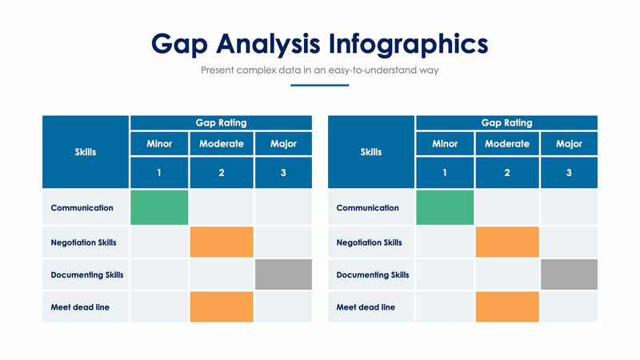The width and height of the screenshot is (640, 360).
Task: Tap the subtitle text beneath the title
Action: click(x=320, y=70)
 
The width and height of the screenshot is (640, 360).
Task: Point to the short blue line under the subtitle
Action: click(x=320, y=85)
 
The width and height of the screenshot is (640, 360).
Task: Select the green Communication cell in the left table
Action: click(x=159, y=207)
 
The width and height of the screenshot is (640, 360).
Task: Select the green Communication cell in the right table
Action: click(x=445, y=207)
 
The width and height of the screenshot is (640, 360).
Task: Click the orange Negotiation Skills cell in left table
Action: click(x=222, y=242)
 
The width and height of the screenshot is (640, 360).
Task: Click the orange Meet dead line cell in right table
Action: click(x=507, y=306)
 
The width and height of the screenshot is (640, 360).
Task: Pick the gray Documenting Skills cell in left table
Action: click(x=283, y=274)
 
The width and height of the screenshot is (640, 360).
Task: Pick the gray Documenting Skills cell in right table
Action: click(x=569, y=274)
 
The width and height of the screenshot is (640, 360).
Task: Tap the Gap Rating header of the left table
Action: click(x=221, y=122)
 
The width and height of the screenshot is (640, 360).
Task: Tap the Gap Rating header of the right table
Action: click(x=506, y=122)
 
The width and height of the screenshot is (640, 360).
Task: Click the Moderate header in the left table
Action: click(x=222, y=144)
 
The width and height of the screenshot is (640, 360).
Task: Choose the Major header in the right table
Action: click(x=569, y=144)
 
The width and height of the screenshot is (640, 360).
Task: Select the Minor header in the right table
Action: click(x=445, y=144)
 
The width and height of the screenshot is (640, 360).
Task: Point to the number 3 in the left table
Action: click(x=283, y=173)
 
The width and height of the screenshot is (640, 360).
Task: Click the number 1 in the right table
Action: click(x=445, y=173)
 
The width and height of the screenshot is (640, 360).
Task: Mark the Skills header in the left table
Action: click(x=86, y=152)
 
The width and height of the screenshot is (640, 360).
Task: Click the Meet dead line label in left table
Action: click(x=80, y=306)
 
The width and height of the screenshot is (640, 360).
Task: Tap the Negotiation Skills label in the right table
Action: click(x=369, y=242)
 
